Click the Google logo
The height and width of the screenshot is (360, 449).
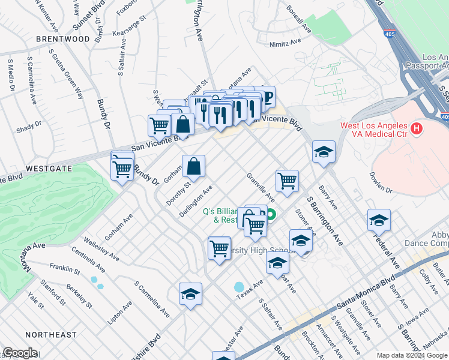point(20,353)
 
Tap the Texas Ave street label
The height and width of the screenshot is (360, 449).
point(250,289)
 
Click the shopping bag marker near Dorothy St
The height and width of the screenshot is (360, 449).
point(194,167)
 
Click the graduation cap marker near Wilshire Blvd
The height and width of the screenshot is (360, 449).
point(190,294)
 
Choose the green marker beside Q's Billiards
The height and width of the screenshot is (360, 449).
point(271,214)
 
